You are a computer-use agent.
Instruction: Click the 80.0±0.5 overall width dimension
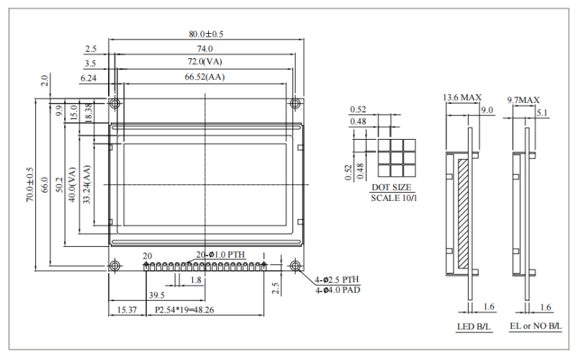pos(205,34)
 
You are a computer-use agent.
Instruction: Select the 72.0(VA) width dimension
pos(205,63)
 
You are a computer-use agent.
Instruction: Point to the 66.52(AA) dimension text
pos(205,77)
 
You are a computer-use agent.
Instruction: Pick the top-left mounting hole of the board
pos(114,104)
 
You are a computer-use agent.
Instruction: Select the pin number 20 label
pos(147,256)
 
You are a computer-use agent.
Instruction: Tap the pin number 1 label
pos(264,256)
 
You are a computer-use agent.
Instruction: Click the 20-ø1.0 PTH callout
pos(221,255)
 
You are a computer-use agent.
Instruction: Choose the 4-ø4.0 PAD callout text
pos(337,289)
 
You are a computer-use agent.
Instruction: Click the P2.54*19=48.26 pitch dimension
pos(184,310)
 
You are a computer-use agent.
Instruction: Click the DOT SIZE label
pos(392,187)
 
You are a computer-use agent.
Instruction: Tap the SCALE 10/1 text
pos(393,197)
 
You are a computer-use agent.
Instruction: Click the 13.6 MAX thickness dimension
pos(462,97)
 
